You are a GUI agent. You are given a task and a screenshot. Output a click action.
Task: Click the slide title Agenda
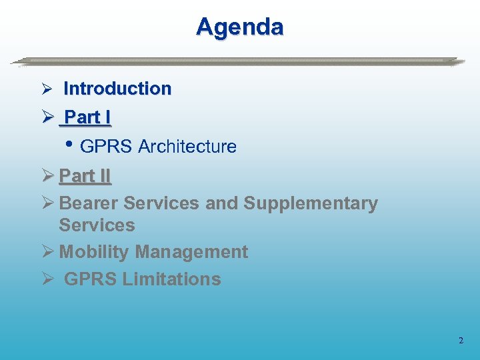[240, 27]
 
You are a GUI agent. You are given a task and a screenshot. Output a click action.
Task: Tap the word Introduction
[117, 89]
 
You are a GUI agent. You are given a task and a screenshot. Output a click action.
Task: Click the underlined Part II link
[85, 176]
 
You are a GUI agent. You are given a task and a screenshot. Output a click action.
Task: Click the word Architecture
[187, 147]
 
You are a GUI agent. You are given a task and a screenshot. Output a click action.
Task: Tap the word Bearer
[89, 203]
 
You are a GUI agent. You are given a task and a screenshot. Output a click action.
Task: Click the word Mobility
[94, 252]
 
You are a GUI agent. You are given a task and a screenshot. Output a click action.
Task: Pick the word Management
[191, 252]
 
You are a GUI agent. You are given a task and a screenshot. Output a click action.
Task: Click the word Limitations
[171, 279]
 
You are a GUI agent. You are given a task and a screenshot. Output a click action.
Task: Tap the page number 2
[461, 341]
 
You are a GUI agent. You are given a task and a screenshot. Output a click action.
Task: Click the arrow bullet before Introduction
[47, 89]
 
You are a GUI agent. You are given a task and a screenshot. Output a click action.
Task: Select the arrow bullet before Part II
[47, 177]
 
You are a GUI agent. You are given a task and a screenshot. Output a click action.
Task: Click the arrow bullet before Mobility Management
[47, 253]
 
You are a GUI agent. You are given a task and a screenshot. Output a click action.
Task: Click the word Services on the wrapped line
[97, 225]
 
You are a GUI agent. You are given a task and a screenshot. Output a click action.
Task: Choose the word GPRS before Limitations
[90, 279]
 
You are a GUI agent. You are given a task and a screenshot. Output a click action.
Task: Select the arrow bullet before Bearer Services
[47, 204]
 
